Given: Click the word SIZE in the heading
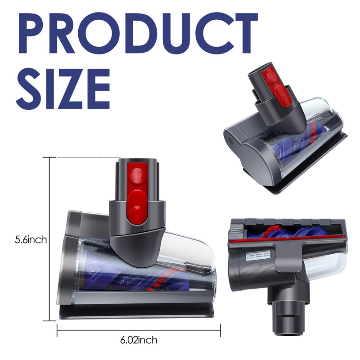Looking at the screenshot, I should point(63,88).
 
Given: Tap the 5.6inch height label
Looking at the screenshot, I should point(30,240).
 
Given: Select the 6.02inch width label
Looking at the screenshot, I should point(139,340).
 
